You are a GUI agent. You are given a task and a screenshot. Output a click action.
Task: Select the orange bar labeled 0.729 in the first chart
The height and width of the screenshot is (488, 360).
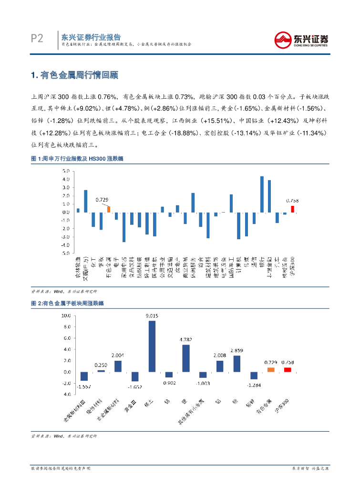[109, 209]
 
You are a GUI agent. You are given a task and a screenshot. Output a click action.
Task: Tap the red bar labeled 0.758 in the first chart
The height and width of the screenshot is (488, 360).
[292, 209]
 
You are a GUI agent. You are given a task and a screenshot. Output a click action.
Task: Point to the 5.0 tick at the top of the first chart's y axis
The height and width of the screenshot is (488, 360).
[66, 171]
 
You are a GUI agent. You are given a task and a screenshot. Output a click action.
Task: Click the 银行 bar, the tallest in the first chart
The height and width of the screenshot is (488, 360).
[262, 194]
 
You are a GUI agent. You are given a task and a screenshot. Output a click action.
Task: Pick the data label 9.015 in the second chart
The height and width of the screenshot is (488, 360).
[152, 315]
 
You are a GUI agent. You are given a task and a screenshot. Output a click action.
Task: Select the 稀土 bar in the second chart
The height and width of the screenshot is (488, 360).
[152, 346]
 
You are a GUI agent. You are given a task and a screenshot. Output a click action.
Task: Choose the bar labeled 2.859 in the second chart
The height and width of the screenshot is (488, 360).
[237, 364]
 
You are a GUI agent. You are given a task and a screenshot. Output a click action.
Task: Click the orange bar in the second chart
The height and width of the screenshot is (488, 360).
[271, 369]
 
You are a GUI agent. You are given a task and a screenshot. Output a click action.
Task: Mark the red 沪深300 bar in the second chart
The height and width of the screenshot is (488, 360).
[288, 369]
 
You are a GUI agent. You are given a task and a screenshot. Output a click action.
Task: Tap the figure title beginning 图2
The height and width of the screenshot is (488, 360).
[67, 303]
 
